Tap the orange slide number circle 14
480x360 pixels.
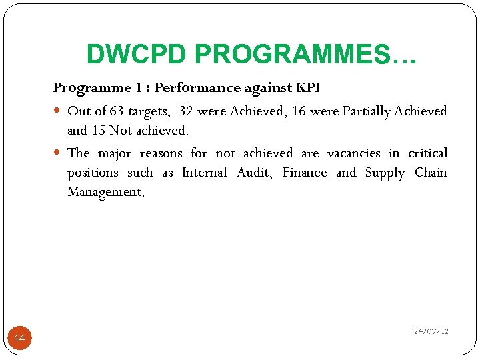(19, 339)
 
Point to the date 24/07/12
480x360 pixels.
(431, 331)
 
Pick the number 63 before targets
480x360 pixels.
(117, 111)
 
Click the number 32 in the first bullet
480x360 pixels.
(187, 111)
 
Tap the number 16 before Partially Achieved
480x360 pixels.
(299, 111)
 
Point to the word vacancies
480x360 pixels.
(353, 153)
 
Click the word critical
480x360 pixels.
(427, 153)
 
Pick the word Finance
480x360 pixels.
(305, 173)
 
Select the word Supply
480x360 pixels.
(385, 173)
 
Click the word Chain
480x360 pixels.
(431, 173)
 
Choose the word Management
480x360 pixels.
(105, 193)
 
